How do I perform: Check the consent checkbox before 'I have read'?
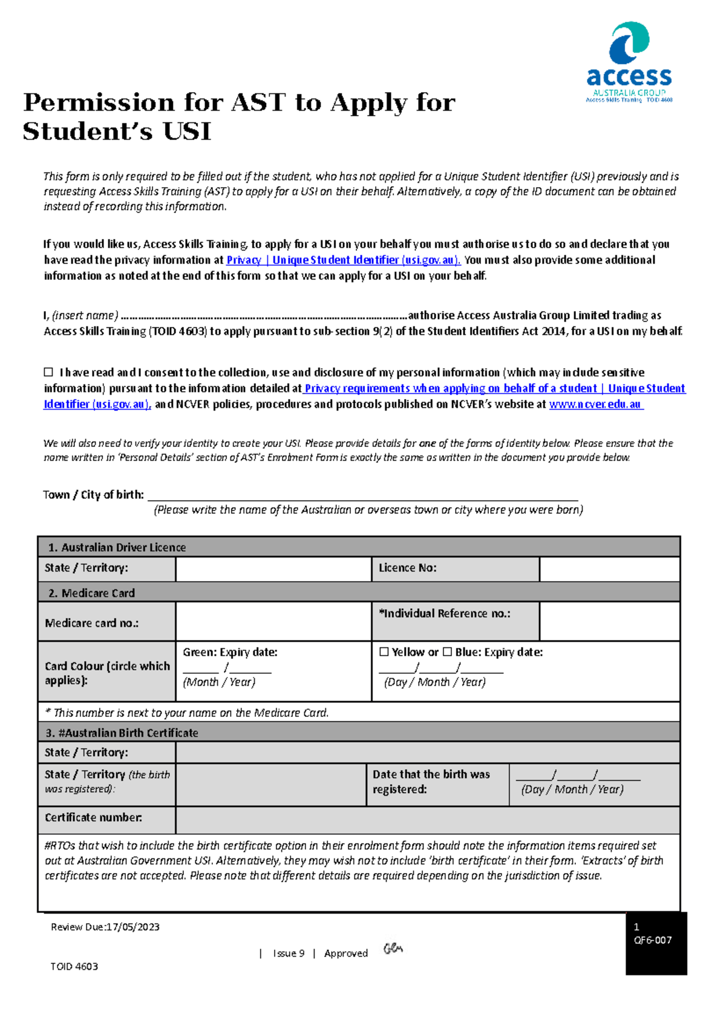(48, 372)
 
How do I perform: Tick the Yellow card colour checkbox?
(384, 652)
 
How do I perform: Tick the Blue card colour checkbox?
(447, 652)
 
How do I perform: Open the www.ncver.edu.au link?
(595, 404)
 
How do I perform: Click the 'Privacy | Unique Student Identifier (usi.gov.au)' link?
(343, 260)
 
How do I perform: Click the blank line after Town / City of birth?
(363, 495)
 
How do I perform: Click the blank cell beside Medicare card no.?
(273, 622)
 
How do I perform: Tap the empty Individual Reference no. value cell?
(609, 622)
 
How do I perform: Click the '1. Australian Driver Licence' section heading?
(117, 547)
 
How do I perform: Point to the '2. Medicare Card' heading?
(92, 593)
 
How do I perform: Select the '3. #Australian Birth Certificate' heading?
(122, 733)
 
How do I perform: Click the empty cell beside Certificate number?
(427, 819)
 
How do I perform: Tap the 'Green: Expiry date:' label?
(230, 652)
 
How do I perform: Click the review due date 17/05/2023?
(132, 927)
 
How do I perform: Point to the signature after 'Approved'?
(393, 949)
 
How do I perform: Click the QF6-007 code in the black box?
(652, 940)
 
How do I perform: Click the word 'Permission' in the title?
(99, 103)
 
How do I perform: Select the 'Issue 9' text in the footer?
(289, 954)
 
